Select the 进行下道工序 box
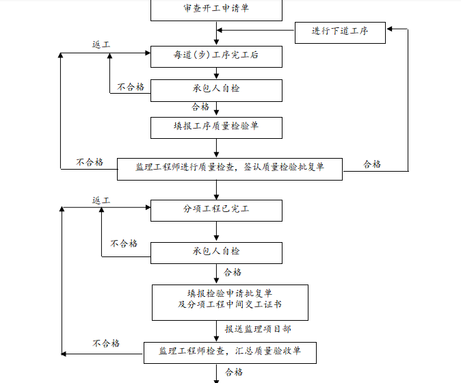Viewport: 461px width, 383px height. (x=340, y=31)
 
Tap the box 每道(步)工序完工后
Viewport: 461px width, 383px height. (x=216, y=56)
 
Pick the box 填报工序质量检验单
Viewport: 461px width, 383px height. (x=216, y=127)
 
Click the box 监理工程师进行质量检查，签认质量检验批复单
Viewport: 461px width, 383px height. (x=230, y=168)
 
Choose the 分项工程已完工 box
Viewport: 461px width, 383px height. (x=216, y=210)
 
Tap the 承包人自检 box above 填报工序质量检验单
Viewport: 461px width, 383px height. (x=216, y=90)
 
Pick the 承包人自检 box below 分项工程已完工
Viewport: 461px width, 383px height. (x=216, y=252)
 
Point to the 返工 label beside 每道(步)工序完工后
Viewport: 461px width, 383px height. (x=102, y=44)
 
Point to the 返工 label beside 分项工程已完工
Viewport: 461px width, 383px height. (x=102, y=200)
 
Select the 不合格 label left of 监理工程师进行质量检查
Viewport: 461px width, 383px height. (x=90, y=163)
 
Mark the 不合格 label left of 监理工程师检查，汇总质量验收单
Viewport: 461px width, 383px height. (x=106, y=343)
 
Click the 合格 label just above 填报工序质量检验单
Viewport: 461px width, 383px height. (x=200, y=107)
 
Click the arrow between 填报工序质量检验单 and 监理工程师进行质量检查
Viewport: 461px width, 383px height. (x=217, y=148)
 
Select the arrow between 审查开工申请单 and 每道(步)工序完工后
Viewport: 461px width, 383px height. (x=217, y=32)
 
